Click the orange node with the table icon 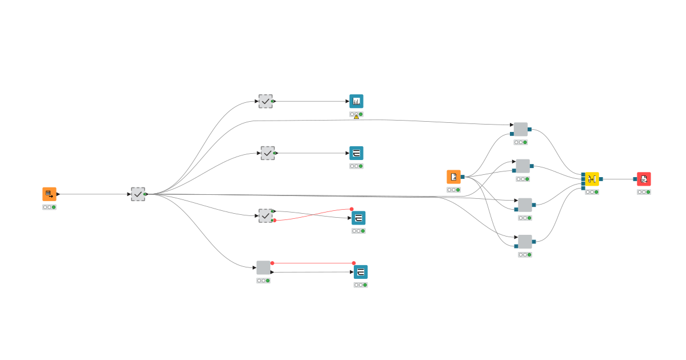pos(49,194)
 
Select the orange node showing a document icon pos(453,177)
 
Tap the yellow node pos(592,179)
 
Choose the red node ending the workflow pos(644,179)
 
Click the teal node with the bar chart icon pos(356,101)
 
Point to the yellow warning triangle pos(356,117)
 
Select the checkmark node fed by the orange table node pos(138,194)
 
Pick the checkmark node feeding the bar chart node pos(265,101)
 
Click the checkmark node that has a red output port pos(265,215)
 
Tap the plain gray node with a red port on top pos(263,267)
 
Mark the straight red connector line pos(313,263)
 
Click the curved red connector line pos(313,214)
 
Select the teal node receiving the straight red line pos(361,271)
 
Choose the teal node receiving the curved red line pos(358,218)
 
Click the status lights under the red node pos(644,192)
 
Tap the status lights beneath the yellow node pos(592,192)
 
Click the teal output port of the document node pos(462,177)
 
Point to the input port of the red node pos(635,179)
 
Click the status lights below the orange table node pos(49,207)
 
